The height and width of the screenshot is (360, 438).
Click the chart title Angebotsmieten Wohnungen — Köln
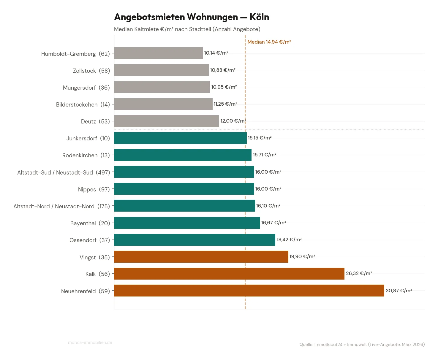point(192,17)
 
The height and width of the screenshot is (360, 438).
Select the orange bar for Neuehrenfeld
point(249,291)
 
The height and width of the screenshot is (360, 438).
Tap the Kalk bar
point(229,274)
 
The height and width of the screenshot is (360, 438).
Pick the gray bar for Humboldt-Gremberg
point(158,53)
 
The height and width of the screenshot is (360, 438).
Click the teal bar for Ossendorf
point(195,240)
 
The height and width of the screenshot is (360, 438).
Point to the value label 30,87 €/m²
point(399,291)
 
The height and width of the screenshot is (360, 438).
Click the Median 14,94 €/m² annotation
point(269,42)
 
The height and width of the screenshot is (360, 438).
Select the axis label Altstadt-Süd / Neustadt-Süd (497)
point(64,172)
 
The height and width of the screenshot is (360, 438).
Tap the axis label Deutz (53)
point(95,121)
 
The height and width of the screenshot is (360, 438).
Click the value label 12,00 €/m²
point(233,121)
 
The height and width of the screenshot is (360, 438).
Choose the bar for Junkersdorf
point(180,138)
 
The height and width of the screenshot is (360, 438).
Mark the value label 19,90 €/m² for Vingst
point(302,256)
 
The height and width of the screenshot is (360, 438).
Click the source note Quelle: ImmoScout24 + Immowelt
point(362,345)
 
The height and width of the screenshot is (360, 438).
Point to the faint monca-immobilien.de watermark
point(90,342)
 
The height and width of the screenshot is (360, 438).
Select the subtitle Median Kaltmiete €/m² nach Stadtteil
point(187,29)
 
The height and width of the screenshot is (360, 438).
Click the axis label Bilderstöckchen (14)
point(83,104)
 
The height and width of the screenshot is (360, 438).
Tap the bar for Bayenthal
point(187,223)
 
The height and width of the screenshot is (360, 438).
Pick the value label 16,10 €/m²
point(268,206)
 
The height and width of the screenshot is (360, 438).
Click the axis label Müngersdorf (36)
point(86,88)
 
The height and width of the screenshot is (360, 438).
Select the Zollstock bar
point(161,70)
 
